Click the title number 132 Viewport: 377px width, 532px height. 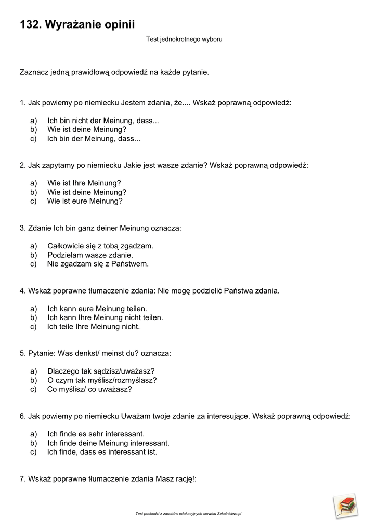[30, 24]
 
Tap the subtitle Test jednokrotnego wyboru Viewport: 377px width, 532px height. [185, 39]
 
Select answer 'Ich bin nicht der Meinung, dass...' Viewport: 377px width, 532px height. [103, 121]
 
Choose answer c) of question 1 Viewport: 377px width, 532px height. [94, 139]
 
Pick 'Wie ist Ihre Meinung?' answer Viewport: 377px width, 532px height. [84, 183]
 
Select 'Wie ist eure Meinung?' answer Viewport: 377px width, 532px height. [85, 201]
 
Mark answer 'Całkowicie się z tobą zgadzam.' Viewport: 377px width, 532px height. [100, 246]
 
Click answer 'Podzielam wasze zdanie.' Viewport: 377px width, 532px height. [90, 255]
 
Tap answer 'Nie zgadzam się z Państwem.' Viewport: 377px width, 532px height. [98, 264]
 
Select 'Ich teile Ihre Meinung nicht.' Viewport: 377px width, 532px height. [94, 327]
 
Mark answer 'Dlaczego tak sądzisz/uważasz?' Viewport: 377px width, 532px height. [101, 371]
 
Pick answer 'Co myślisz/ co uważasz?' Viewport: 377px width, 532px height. [89, 389]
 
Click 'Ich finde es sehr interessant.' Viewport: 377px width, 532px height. [96, 434]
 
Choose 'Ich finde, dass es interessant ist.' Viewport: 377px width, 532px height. [102, 452]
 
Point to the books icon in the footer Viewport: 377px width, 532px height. [346, 505]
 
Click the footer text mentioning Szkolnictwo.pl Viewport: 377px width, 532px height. [188, 514]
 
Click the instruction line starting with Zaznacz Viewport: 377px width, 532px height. [114, 72]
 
